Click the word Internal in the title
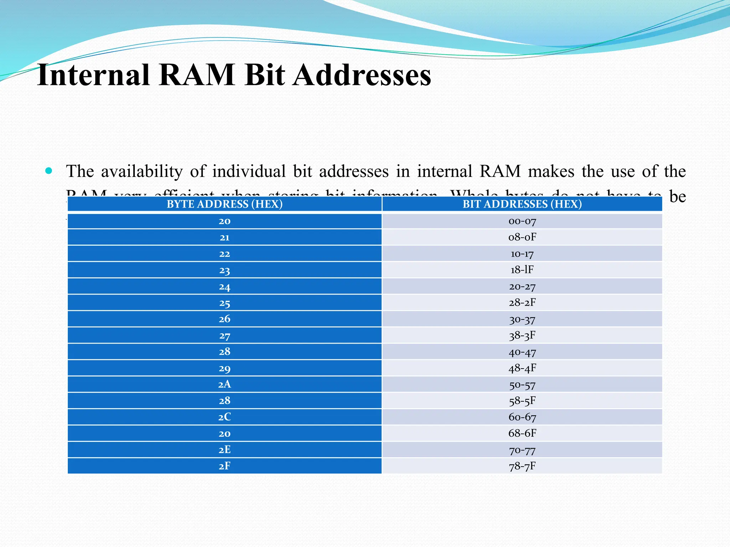pos(93,75)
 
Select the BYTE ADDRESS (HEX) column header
pos(225,204)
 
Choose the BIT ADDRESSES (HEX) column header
pos(522,204)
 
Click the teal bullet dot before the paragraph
pos(49,171)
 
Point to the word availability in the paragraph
pos(142,171)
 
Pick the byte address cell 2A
pos(225,384)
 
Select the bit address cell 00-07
pos(522,221)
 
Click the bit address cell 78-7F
pos(522,466)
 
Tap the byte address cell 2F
pos(225,466)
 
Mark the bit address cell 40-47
pos(522,352)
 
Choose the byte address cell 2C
pos(225,417)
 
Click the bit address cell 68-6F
pos(522,433)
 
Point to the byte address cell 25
pos(225,303)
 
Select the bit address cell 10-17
pos(522,254)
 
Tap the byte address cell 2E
pos(225,450)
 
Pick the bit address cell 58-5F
pos(522,401)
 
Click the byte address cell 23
pos(225,270)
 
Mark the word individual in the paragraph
pos(249,171)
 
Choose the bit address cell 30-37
pos(522,319)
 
